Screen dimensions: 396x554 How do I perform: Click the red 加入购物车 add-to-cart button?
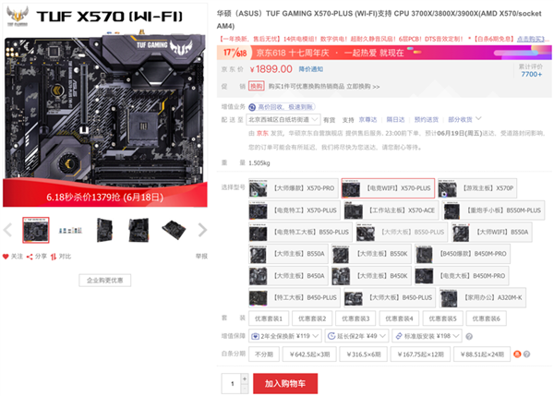[291, 381]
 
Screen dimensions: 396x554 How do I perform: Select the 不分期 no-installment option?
[265, 354]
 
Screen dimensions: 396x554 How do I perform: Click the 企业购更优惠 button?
[111, 279]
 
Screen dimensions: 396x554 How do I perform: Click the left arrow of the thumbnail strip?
[8, 230]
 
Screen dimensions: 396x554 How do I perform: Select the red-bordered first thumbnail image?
[35, 230]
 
